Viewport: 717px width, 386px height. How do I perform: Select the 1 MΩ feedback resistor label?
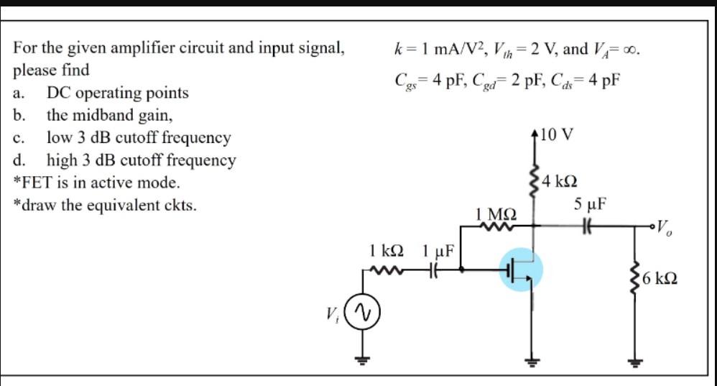coord(494,213)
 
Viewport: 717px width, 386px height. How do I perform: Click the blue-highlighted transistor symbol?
coord(522,271)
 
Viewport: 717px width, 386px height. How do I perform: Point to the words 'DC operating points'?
coord(118,93)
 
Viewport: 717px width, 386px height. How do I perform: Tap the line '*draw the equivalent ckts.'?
coord(105,205)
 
